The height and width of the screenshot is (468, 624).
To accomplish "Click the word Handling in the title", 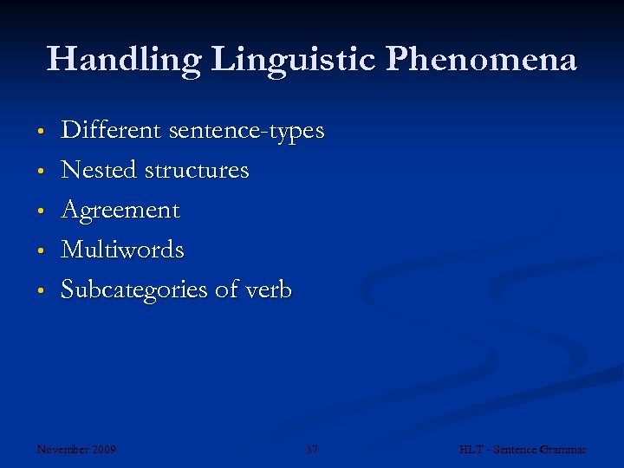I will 123,60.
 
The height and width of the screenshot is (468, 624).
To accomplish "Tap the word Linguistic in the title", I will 294,60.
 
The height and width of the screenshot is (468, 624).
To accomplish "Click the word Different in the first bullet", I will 111,131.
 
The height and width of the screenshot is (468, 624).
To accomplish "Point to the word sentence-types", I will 246,132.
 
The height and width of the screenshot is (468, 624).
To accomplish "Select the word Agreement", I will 120,211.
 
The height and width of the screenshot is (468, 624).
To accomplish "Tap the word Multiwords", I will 122,250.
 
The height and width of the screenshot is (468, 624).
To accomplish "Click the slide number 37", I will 312,450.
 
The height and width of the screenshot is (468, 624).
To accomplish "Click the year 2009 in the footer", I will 105,450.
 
